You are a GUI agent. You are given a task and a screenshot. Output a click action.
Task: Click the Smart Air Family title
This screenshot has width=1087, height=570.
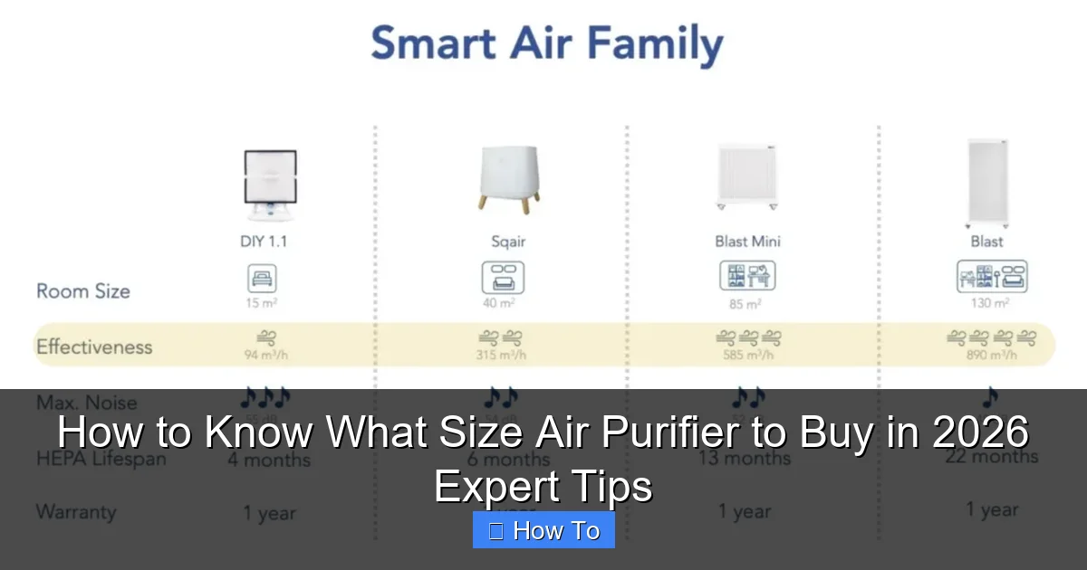(546, 45)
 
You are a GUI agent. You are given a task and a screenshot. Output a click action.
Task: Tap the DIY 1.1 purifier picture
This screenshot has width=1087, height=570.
(269, 186)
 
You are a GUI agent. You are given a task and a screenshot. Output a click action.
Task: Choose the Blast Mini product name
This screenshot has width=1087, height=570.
(747, 242)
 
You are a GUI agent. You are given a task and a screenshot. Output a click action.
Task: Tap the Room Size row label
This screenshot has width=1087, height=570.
(83, 291)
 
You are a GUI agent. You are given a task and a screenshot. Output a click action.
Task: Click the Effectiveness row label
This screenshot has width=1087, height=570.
(94, 347)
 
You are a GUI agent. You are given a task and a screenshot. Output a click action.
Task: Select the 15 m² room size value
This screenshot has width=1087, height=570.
(262, 303)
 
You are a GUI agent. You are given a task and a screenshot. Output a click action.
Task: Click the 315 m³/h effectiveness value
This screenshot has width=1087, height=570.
(502, 355)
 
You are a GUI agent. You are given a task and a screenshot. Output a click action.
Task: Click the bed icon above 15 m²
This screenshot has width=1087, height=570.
(262, 278)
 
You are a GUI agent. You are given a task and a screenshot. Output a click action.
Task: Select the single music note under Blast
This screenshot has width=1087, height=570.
(989, 397)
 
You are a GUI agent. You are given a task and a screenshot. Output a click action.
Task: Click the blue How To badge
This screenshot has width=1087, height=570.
(543, 530)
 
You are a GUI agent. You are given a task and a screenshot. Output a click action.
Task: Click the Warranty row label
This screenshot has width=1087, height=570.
(76, 511)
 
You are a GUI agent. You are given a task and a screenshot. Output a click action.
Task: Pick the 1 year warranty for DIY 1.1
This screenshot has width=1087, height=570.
(269, 513)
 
